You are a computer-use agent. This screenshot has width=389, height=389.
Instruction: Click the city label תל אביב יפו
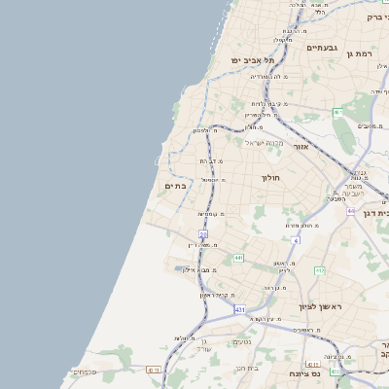pos(249,61)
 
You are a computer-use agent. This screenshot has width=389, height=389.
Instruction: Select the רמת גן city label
pos(366,54)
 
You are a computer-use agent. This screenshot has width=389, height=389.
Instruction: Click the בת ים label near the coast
pos(176,186)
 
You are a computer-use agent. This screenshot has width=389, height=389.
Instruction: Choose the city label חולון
pos(270,178)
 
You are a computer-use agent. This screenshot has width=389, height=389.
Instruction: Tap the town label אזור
pos(300,147)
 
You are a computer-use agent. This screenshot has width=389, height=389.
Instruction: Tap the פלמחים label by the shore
pos(84,371)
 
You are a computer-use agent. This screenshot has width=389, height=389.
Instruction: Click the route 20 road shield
pos(203,234)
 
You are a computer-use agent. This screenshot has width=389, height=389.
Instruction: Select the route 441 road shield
pos(238,258)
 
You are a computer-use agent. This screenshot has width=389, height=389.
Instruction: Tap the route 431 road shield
pos(240,309)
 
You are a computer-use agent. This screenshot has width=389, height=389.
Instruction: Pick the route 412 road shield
pos(319,270)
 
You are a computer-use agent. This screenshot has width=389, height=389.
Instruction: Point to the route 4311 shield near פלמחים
pos(153,370)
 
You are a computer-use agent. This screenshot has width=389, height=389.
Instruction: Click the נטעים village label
pos(244,341)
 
